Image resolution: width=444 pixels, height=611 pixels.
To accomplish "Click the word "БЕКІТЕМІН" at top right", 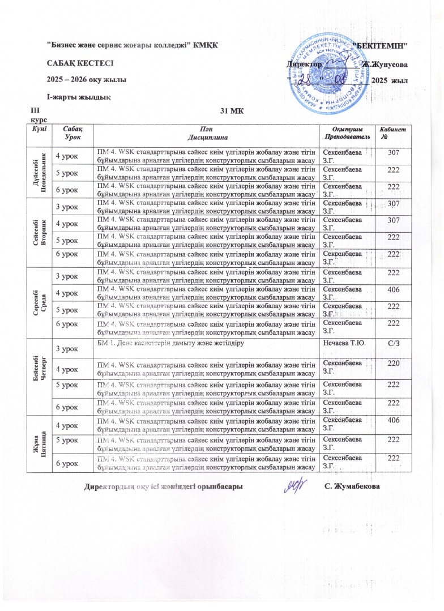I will tap(379, 45).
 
